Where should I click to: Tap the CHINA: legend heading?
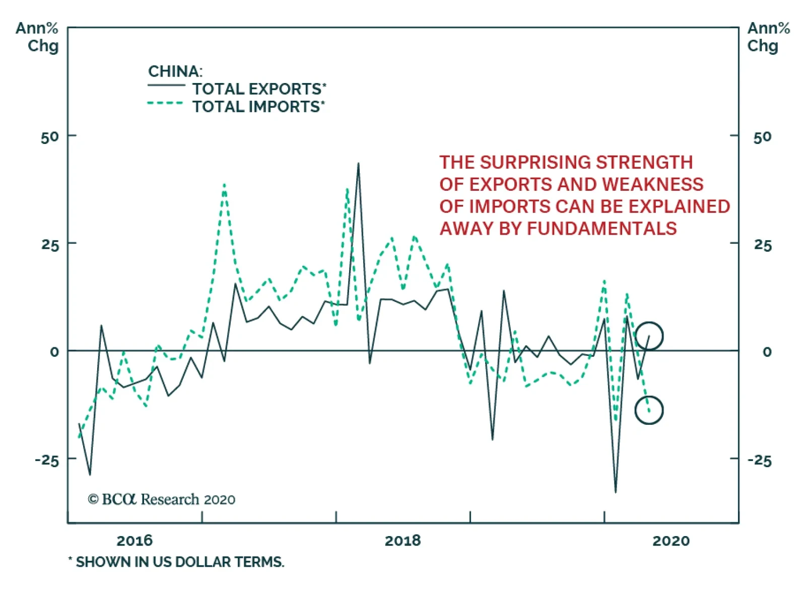click(175, 71)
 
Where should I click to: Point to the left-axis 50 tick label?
click(50, 137)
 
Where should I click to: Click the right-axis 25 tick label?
click(762, 246)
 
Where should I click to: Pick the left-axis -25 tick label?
click(47, 460)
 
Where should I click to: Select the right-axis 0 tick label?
click(767, 352)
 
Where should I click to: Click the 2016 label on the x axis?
click(134, 541)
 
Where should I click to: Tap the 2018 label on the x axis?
click(402, 541)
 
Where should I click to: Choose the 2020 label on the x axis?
click(670, 541)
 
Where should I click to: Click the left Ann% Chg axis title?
click(37, 37)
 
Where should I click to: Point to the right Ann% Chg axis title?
click(768, 37)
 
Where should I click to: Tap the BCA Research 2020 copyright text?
click(162, 499)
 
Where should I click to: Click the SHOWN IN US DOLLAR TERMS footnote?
click(179, 562)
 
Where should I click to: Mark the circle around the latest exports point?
click(649, 336)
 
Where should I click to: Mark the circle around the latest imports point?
click(649, 410)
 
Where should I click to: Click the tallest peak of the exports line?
click(358, 164)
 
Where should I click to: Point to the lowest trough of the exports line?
click(615, 492)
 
